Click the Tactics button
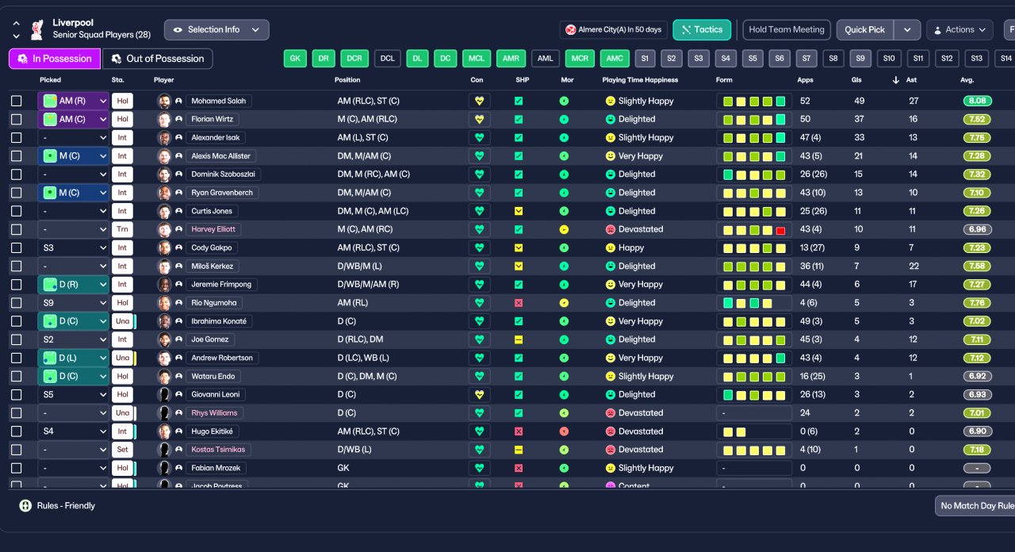pyautogui.click(x=702, y=30)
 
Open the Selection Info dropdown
pyautogui.click(x=216, y=30)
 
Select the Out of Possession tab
pyautogui.click(x=158, y=59)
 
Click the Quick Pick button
pyautogui.click(x=864, y=30)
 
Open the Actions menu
pyautogui.click(x=959, y=30)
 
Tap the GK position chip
pyautogui.click(x=295, y=59)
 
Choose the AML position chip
pyautogui.click(x=545, y=59)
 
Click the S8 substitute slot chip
pyautogui.click(x=833, y=59)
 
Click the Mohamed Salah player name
pyautogui.click(x=219, y=101)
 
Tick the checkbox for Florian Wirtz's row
pyautogui.click(x=17, y=119)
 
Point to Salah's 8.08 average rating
pyautogui.click(x=978, y=101)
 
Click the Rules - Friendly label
pyautogui.click(x=66, y=506)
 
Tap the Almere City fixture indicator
pyautogui.click(x=613, y=30)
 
